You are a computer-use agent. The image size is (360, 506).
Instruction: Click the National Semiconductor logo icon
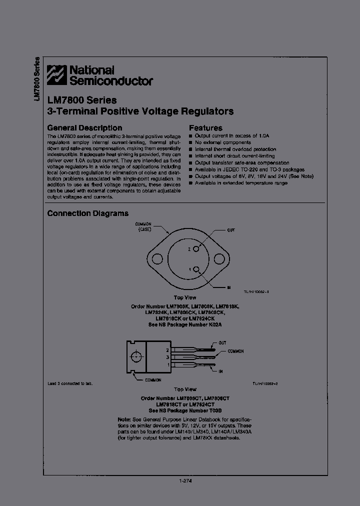(56, 75)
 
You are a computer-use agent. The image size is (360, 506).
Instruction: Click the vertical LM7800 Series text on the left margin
(36, 80)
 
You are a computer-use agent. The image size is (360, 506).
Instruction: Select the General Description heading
(84, 128)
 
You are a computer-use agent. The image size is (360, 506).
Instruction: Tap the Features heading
(205, 128)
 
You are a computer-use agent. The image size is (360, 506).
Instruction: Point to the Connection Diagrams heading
(87, 213)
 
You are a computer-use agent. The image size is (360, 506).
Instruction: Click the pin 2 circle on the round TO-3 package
(197, 248)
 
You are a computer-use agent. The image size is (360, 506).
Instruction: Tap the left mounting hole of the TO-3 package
(157, 259)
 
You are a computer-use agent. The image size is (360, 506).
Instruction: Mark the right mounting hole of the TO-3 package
(219, 259)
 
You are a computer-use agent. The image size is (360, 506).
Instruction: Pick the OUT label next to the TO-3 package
(231, 230)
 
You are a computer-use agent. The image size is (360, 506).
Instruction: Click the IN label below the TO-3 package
(229, 287)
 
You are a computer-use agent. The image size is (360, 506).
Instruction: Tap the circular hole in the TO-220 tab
(135, 356)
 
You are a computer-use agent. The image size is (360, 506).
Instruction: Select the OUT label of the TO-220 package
(222, 343)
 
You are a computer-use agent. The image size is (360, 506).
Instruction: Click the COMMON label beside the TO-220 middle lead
(235, 351)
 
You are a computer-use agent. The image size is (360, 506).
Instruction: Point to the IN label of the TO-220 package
(220, 372)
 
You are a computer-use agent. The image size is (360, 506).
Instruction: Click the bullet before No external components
(190, 142)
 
